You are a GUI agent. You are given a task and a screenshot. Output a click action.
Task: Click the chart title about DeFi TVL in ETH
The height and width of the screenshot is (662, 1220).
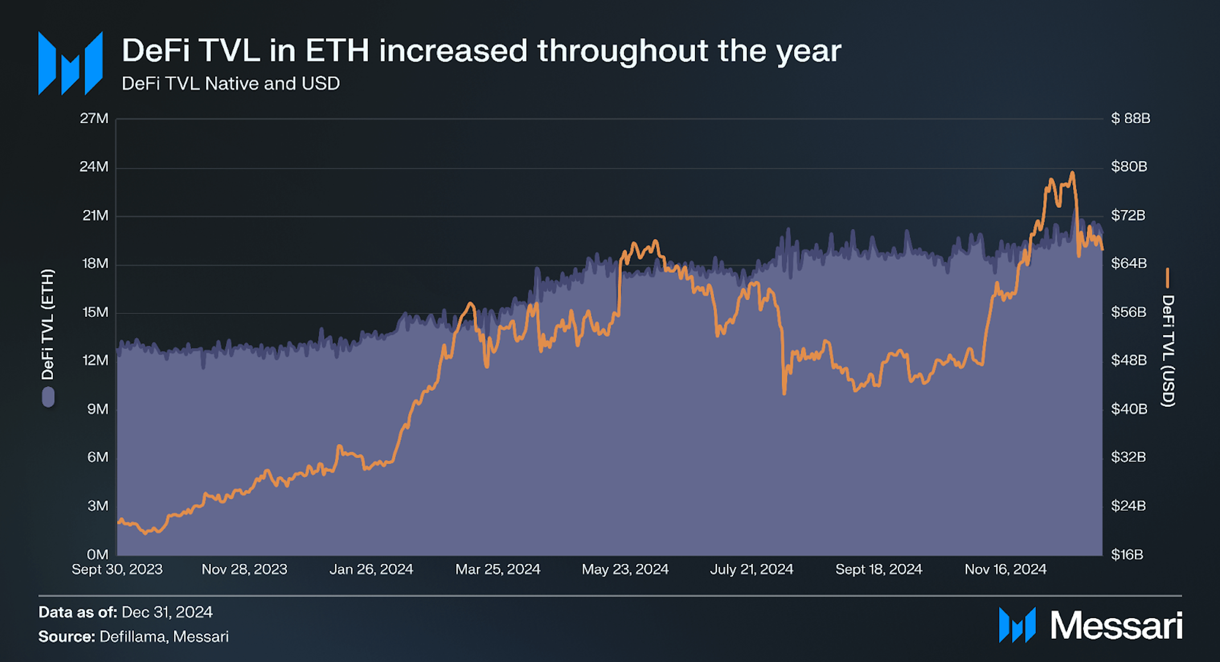[x=481, y=51]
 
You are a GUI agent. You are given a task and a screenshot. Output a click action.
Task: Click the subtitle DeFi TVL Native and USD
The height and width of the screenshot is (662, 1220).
[x=231, y=84]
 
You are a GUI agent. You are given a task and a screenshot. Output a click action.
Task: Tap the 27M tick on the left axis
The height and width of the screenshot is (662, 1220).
[x=94, y=118]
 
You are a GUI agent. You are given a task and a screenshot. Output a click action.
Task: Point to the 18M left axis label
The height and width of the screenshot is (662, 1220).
[x=95, y=263]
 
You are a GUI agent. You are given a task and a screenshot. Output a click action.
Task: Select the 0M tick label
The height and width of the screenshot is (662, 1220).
[x=97, y=554]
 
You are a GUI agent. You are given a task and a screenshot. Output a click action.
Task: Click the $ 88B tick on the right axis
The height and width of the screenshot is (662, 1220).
[x=1131, y=118]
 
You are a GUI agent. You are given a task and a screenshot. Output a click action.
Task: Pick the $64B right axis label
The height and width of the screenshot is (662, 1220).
[x=1128, y=263]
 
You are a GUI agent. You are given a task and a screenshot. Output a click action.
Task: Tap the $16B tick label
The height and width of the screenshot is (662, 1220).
[x=1127, y=554]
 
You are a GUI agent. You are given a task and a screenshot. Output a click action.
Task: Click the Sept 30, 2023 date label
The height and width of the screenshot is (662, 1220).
[x=117, y=569]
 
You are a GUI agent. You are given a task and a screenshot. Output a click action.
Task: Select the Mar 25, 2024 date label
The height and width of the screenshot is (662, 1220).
[x=498, y=569]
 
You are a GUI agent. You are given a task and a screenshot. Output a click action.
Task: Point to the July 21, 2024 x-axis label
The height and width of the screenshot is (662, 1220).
[x=751, y=569]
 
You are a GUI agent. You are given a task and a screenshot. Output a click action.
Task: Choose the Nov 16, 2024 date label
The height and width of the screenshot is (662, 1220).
[x=1005, y=569]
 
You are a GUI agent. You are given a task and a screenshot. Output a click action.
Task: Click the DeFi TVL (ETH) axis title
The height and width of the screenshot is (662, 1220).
[x=48, y=325]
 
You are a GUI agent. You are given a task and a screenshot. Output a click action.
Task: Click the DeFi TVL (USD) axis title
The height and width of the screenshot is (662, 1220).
[x=1168, y=350]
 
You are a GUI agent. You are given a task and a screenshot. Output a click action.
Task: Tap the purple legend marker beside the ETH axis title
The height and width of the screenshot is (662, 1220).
[x=48, y=397]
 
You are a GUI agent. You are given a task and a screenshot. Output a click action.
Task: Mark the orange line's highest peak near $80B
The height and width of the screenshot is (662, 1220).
[x=1072, y=173]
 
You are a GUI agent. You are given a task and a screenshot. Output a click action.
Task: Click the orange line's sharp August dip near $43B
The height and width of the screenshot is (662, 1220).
[x=784, y=393]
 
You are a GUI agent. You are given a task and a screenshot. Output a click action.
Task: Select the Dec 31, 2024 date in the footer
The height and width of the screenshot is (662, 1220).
[x=167, y=612]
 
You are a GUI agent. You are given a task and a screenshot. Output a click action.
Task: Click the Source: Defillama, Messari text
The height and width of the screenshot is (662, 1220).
[x=133, y=636]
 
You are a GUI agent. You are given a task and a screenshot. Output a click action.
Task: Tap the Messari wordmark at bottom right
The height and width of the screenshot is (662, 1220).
[x=1115, y=626]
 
